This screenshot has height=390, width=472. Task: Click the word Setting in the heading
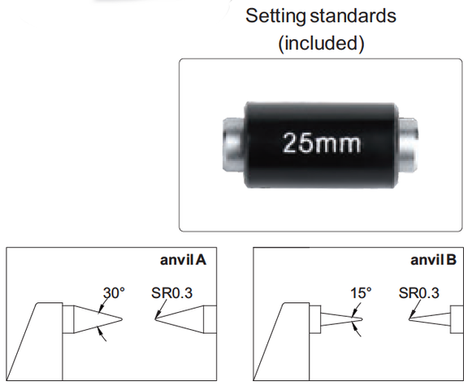coord(275,16)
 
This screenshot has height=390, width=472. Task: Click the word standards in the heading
coord(353,15)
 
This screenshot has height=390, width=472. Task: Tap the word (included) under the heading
coord(321,43)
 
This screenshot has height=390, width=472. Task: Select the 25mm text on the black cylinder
coord(321,143)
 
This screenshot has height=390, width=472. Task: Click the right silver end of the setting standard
coord(408,145)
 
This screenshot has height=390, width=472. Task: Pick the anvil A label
coord(183,260)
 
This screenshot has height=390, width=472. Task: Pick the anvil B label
coord(433,260)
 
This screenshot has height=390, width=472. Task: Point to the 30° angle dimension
coord(114,292)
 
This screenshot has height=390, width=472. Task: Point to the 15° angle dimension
coord(361,292)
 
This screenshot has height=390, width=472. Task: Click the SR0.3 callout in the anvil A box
coord(171,292)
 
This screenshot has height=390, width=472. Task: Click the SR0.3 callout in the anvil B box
coord(418,292)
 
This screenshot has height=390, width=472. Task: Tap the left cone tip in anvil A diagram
coord(122,319)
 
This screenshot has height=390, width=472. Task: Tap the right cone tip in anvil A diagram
coord(155,319)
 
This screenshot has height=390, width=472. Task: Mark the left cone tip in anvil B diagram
coord(362,319)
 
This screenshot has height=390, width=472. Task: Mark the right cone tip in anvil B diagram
coord(409,319)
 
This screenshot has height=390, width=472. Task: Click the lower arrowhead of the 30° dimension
coord(99,330)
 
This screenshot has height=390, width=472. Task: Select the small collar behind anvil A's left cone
coord(68,319)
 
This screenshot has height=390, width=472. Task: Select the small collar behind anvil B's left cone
coord(315,319)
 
